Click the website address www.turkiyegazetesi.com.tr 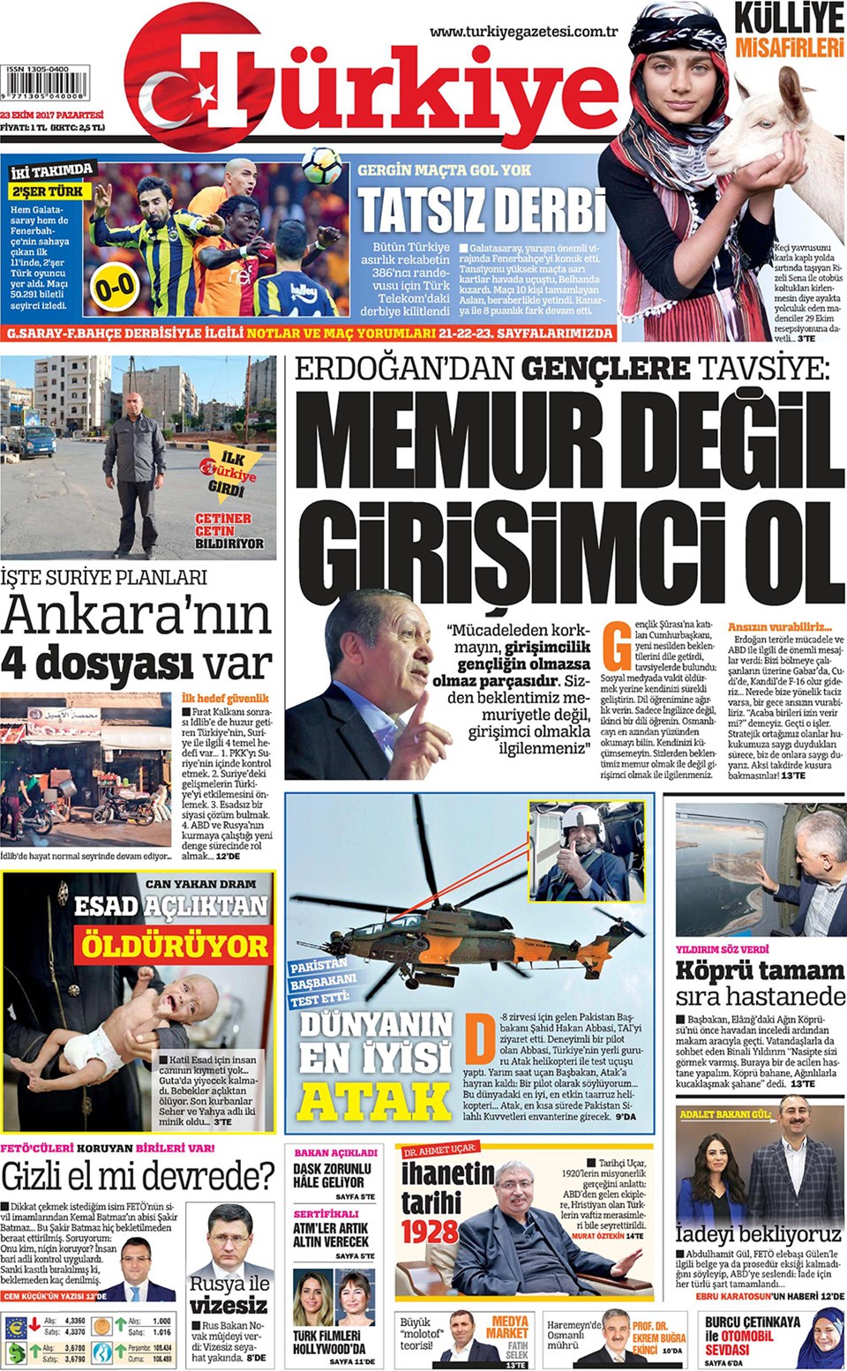(523, 32)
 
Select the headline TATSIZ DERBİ (483, 210)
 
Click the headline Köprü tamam (760, 971)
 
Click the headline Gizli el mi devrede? (138, 1177)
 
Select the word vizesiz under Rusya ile (229, 1305)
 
